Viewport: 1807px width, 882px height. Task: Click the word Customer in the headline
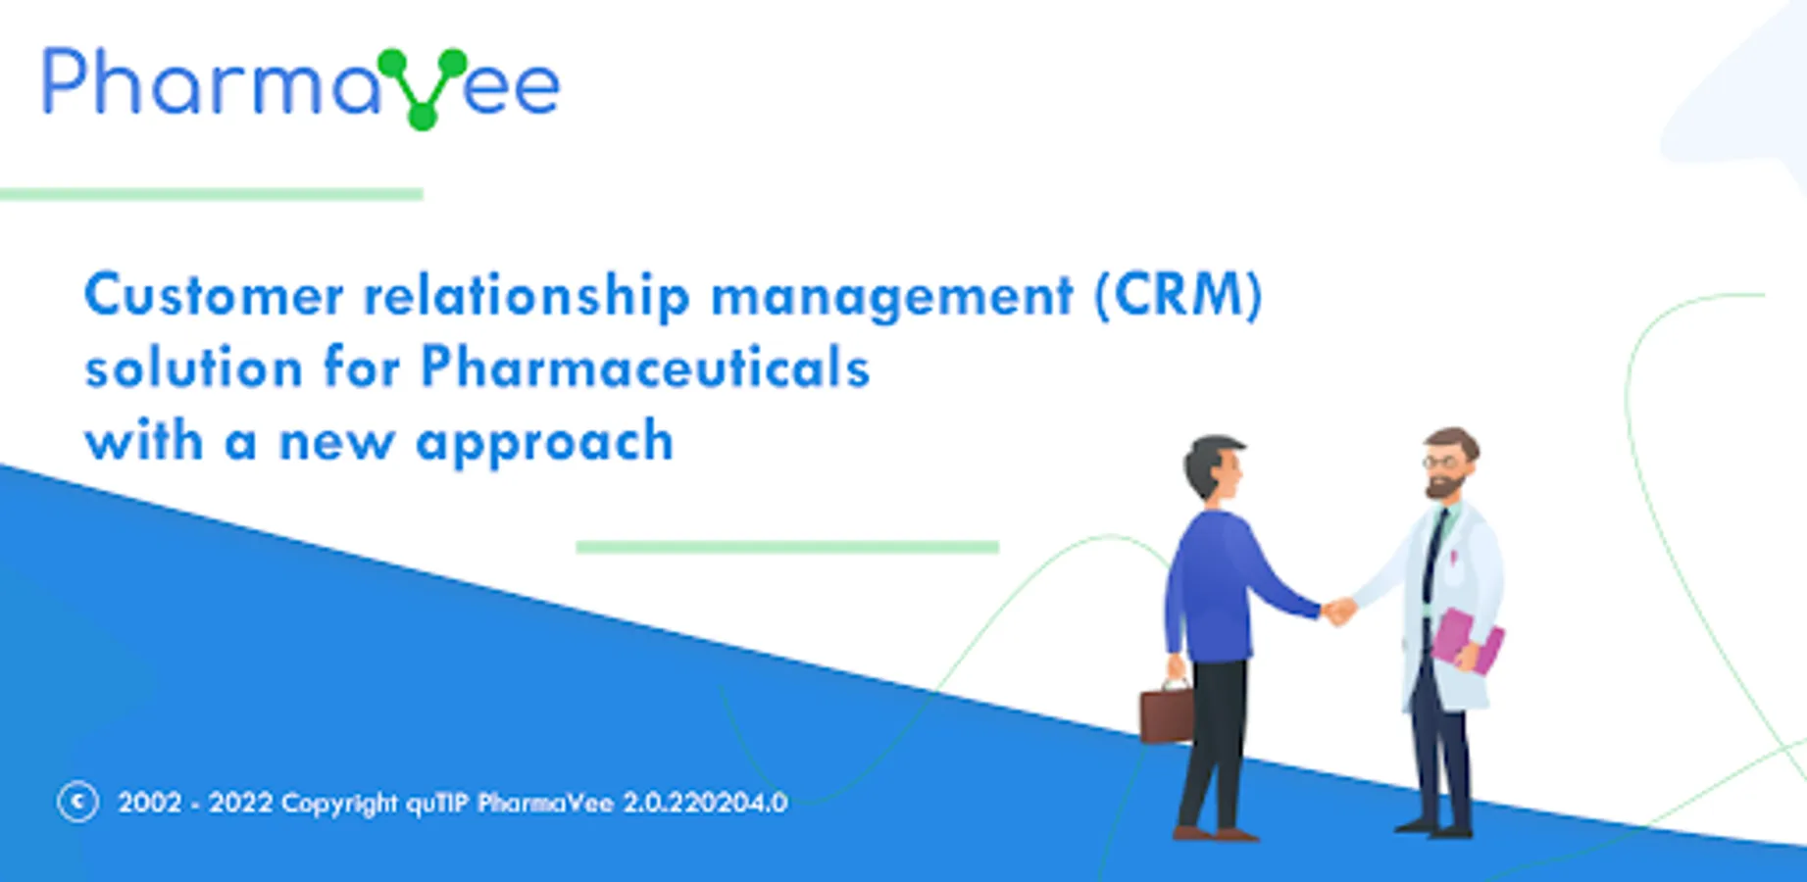pyautogui.click(x=214, y=295)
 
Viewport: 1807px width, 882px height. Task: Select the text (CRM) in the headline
pyautogui.click(x=1179, y=296)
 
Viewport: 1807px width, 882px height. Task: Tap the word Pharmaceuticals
pyautogui.click(x=645, y=367)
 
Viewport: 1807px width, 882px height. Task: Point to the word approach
pyautogui.click(x=545, y=443)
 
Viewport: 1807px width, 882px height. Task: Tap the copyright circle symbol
pyautogui.click(x=77, y=802)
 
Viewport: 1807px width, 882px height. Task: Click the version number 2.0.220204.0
pyautogui.click(x=705, y=803)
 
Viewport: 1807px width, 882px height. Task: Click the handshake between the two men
pyautogui.click(x=1337, y=612)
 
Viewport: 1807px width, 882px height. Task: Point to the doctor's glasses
pyautogui.click(x=1439, y=462)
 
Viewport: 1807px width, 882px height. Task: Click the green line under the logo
pyautogui.click(x=211, y=194)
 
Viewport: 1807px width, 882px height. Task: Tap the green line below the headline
pyautogui.click(x=787, y=547)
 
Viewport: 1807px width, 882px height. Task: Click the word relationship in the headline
pyautogui.click(x=527, y=297)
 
